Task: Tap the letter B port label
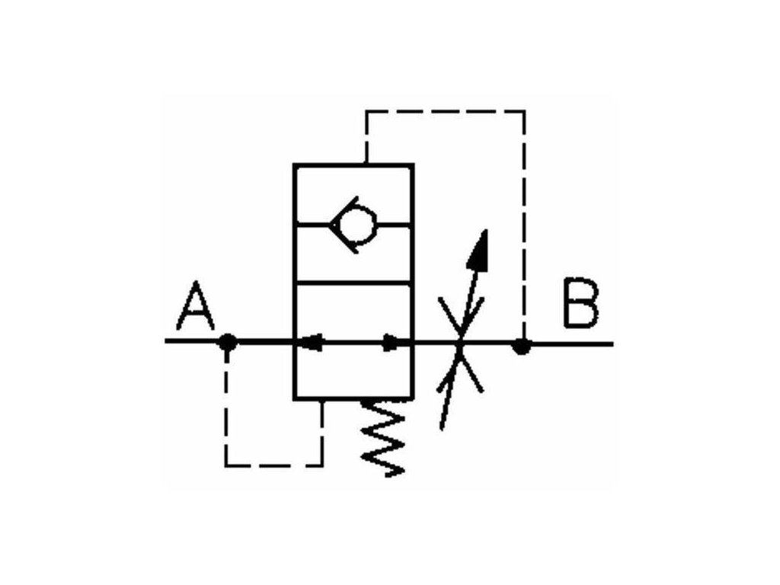pos(580,305)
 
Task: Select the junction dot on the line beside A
pos(227,343)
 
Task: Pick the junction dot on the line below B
pos(521,347)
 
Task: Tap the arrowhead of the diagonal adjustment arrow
pos(479,251)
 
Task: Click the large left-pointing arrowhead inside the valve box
pos(311,343)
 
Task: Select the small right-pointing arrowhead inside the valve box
pos(391,343)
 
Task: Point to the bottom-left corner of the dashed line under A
pos(226,464)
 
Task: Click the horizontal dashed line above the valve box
pos(446,111)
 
